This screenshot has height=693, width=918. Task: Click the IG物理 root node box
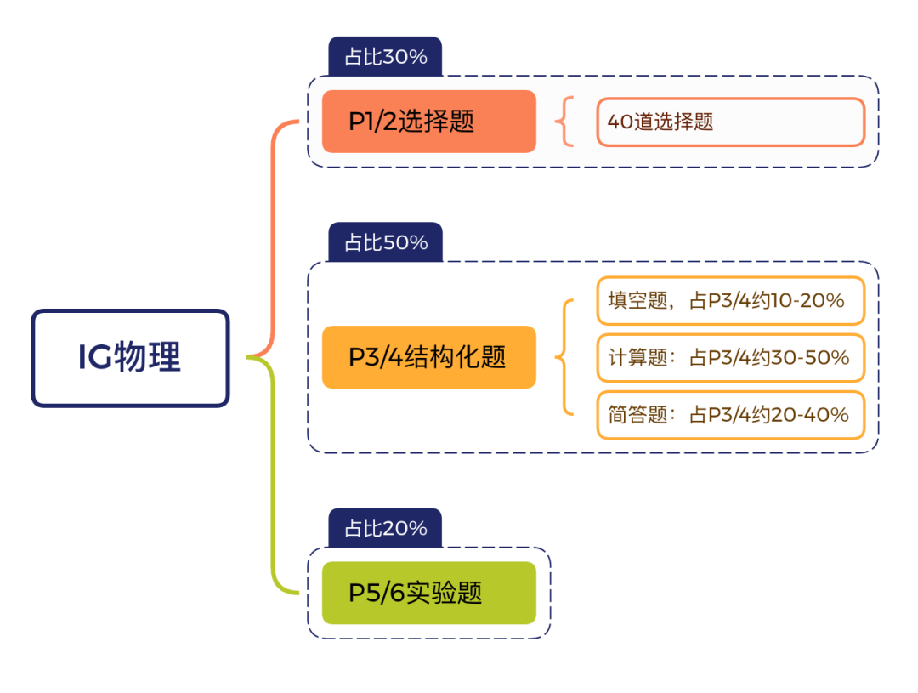point(130,358)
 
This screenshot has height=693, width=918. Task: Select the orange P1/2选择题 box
point(429,122)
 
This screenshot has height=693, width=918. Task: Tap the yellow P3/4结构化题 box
point(429,357)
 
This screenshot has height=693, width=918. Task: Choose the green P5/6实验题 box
point(429,593)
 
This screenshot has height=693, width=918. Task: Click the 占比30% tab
point(385,58)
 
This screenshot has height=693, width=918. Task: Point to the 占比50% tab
point(385,243)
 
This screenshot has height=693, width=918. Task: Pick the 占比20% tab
point(385,529)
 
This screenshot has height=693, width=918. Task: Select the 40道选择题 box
point(730,122)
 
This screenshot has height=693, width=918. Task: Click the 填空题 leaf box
point(730,300)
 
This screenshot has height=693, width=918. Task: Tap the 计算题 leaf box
point(730,358)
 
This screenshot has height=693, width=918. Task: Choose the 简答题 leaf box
point(730,415)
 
